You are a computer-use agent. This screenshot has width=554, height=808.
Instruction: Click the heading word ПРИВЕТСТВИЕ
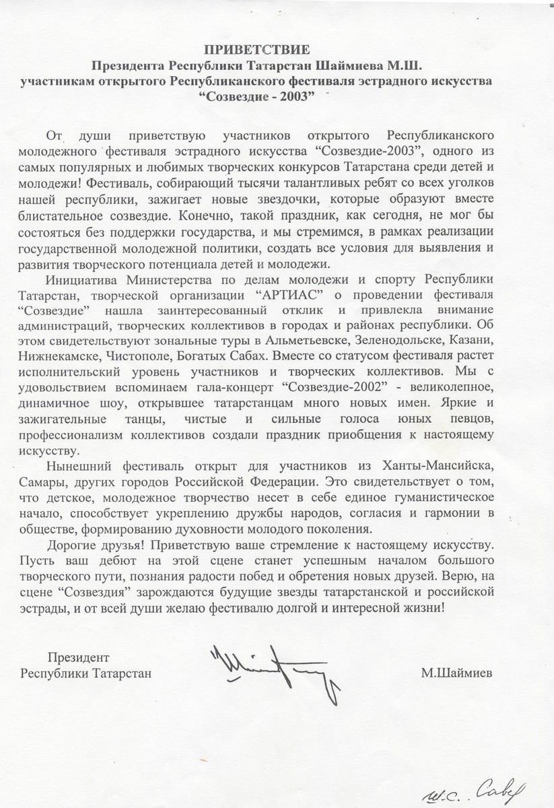(x=277, y=49)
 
